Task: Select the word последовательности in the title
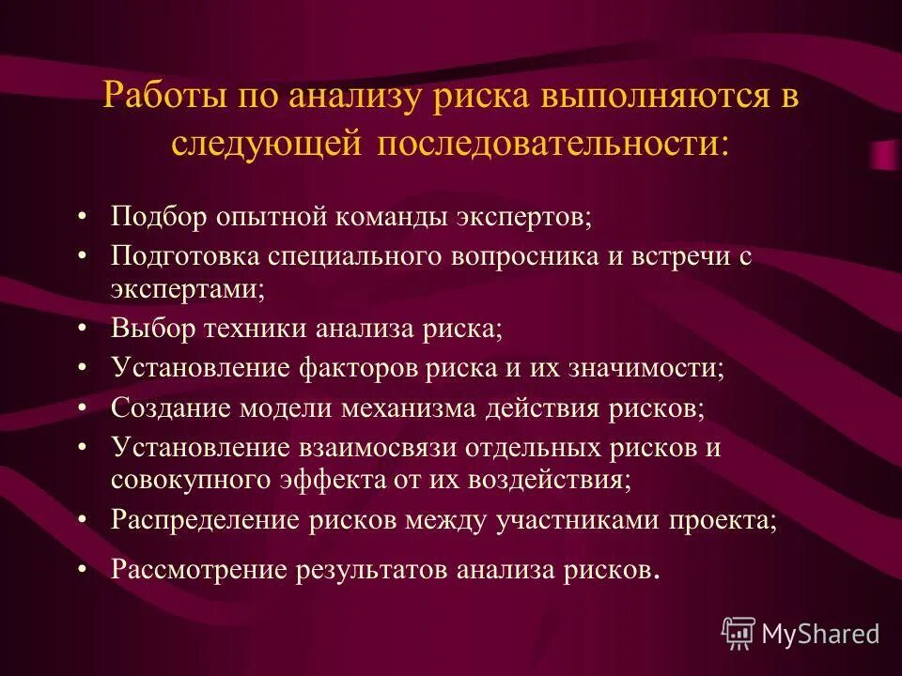point(552,144)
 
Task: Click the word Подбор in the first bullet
point(161,217)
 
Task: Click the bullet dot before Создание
point(84,408)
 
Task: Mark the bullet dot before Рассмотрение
point(84,569)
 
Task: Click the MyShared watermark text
point(819,634)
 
